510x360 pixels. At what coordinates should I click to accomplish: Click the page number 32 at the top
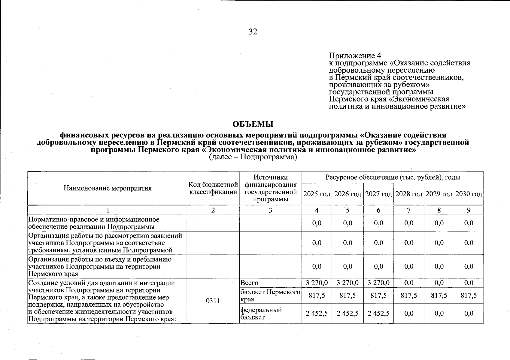point(253,32)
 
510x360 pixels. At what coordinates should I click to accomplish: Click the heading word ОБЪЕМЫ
point(253,124)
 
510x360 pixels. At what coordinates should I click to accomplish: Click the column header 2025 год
point(317,194)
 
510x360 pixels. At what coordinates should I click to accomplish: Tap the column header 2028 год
point(408,194)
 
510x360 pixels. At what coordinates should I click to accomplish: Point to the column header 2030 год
point(469,194)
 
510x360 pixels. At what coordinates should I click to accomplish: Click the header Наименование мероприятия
point(107,188)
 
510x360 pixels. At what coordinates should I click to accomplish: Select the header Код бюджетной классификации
point(213,188)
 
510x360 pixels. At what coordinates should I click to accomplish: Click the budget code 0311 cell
point(213,301)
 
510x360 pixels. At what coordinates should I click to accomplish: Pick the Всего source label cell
point(249,283)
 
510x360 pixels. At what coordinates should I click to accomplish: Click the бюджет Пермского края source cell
point(270,296)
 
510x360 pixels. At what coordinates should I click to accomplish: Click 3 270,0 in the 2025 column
point(317,283)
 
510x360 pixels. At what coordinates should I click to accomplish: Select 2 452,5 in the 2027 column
point(378,313)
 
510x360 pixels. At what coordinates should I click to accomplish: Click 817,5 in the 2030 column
point(469,296)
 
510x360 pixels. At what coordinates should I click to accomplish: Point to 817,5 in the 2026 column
point(348,296)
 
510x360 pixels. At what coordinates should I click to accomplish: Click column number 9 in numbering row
point(469,211)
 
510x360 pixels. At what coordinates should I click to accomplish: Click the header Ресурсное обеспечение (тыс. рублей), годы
point(393,178)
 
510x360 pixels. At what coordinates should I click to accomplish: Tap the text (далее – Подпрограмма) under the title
point(253,157)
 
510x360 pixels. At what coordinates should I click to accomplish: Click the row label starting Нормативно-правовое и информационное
point(93,223)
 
